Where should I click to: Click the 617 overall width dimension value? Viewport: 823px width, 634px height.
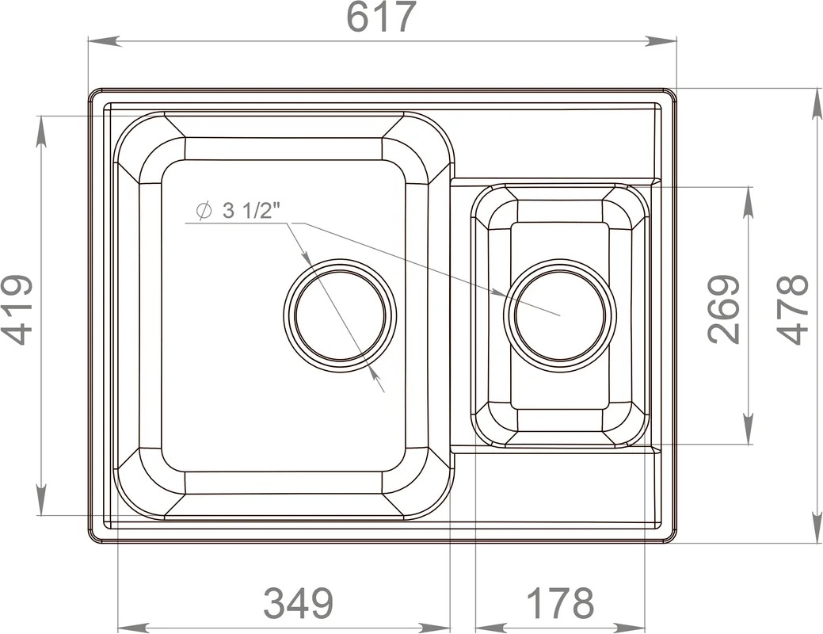pyautogui.click(x=382, y=17)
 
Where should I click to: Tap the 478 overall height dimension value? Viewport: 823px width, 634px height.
pyautogui.click(x=793, y=309)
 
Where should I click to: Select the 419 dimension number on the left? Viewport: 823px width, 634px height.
pyautogui.click(x=17, y=309)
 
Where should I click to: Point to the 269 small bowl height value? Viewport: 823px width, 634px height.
pyautogui.click(x=724, y=309)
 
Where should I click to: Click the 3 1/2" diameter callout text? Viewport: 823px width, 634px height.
pyautogui.click(x=249, y=211)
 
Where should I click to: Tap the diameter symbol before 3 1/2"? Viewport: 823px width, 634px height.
pyautogui.click(x=204, y=211)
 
